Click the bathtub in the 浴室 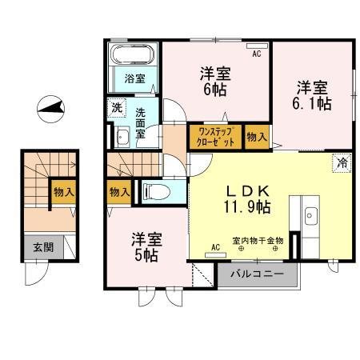coord(133,57)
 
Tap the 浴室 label coord(134,78)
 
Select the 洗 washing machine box coord(116,107)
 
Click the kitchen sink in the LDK coord(311,214)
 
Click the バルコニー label coord(254,274)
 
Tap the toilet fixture coord(154,192)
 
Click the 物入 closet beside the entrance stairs coord(64,191)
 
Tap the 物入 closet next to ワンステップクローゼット coord(257,137)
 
